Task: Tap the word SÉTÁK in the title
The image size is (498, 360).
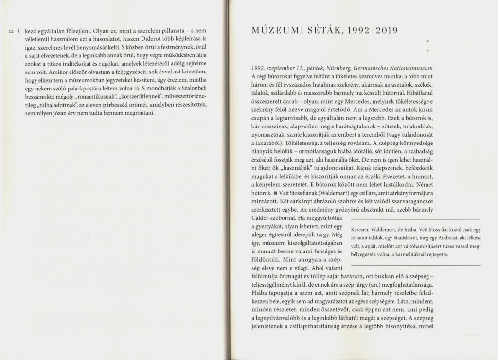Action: [317, 33]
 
